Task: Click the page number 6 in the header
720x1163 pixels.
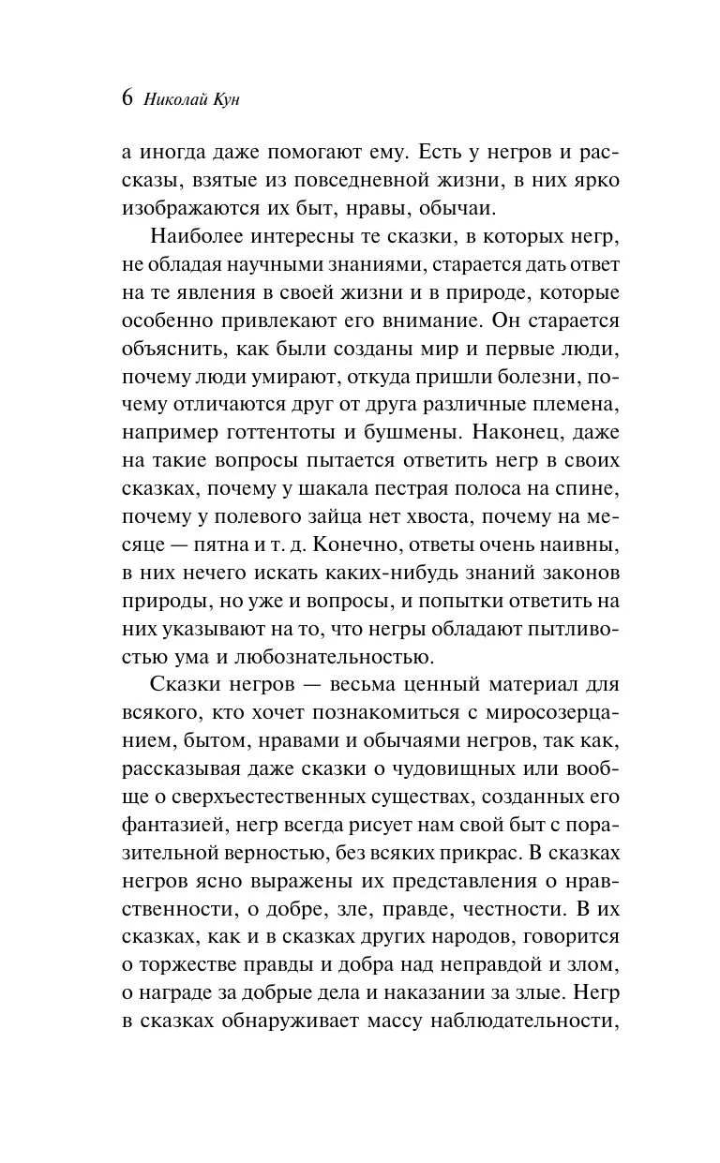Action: click(128, 98)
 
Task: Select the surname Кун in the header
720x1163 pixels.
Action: click(227, 99)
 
